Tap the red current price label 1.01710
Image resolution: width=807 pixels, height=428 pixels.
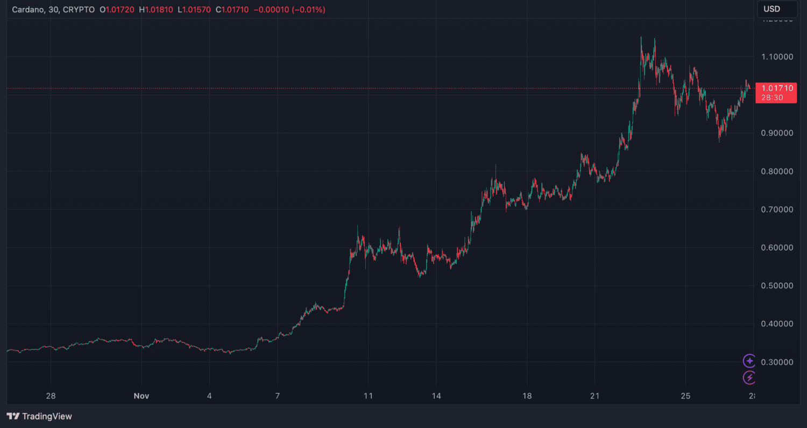(x=775, y=88)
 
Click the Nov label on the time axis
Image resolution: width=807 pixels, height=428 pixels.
(x=141, y=396)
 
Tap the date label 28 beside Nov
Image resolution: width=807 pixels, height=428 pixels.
(x=51, y=396)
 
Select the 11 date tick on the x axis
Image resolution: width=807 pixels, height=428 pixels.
(x=367, y=396)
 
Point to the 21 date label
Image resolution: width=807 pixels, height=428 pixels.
(x=594, y=396)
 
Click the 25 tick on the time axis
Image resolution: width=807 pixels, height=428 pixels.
(x=685, y=396)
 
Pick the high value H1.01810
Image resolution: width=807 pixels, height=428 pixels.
(x=157, y=10)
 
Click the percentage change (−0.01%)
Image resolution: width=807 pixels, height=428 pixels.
(x=308, y=10)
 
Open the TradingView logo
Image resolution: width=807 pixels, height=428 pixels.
(x=39, y=416)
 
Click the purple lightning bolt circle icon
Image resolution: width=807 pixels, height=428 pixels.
(x=749, y=377)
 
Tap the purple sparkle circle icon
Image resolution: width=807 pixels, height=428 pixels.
(x=749, y=361)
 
